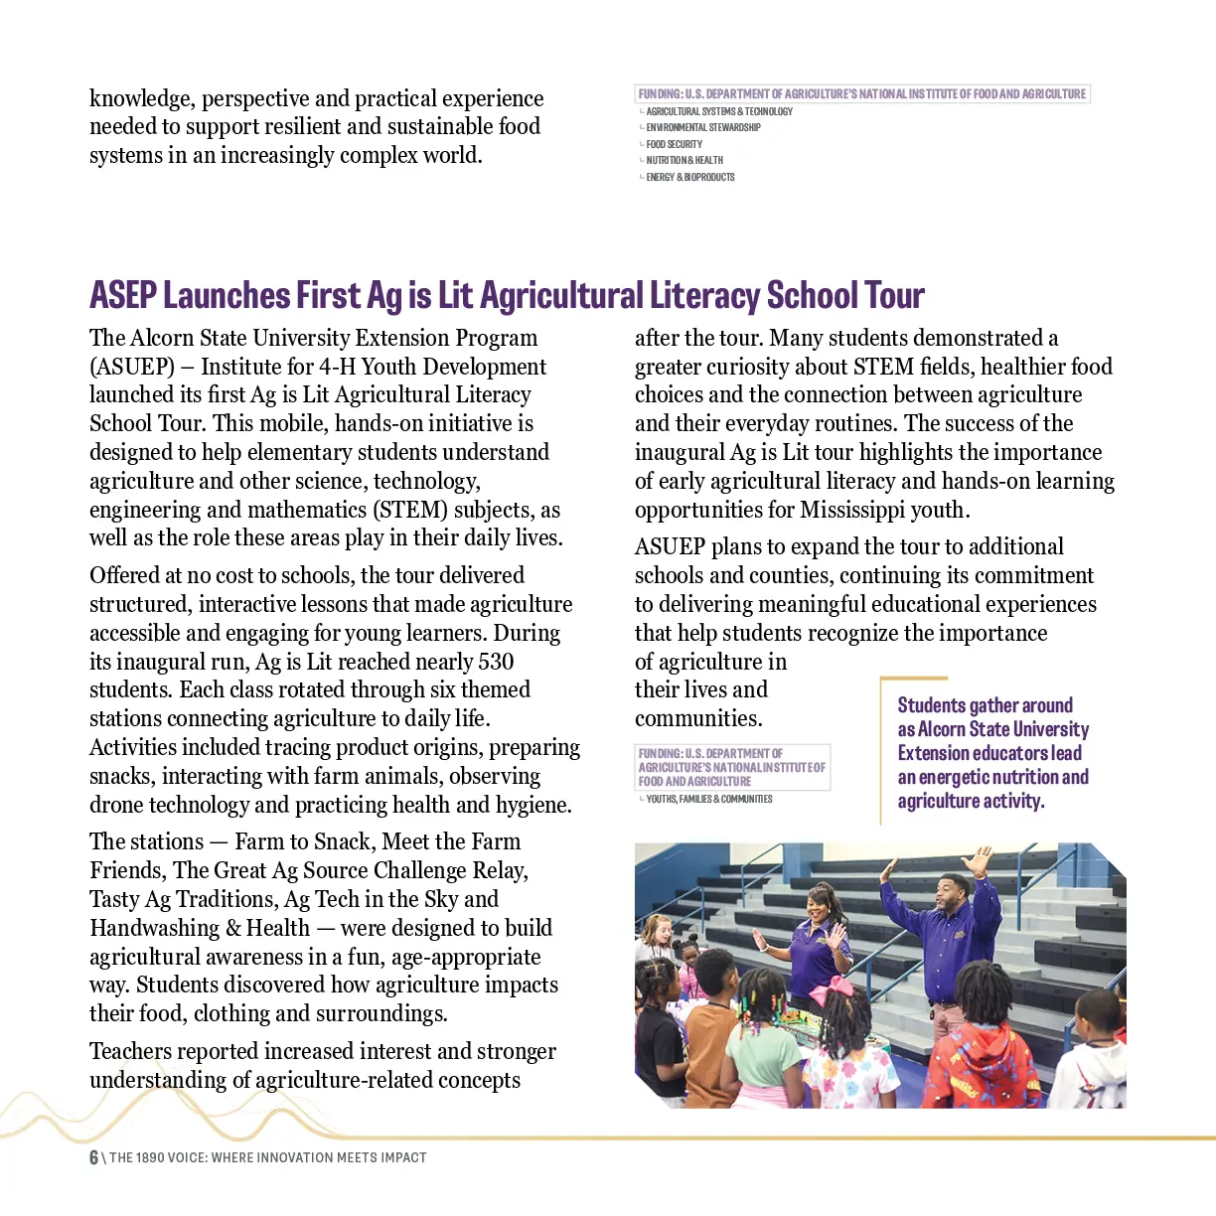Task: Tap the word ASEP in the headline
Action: click(x=123, y=296)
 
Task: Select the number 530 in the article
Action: click(x=496, y=662)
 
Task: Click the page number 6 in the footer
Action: click(x=93, y=1157)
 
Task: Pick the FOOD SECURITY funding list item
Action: click(x=674, y=144)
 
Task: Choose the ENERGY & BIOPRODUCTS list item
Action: click(x=690, y=177)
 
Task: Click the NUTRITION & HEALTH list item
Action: click(x=684, y=160)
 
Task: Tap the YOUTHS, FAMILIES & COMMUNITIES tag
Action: click(x=708, y=799)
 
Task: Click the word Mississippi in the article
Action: click(x=853, y=510)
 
